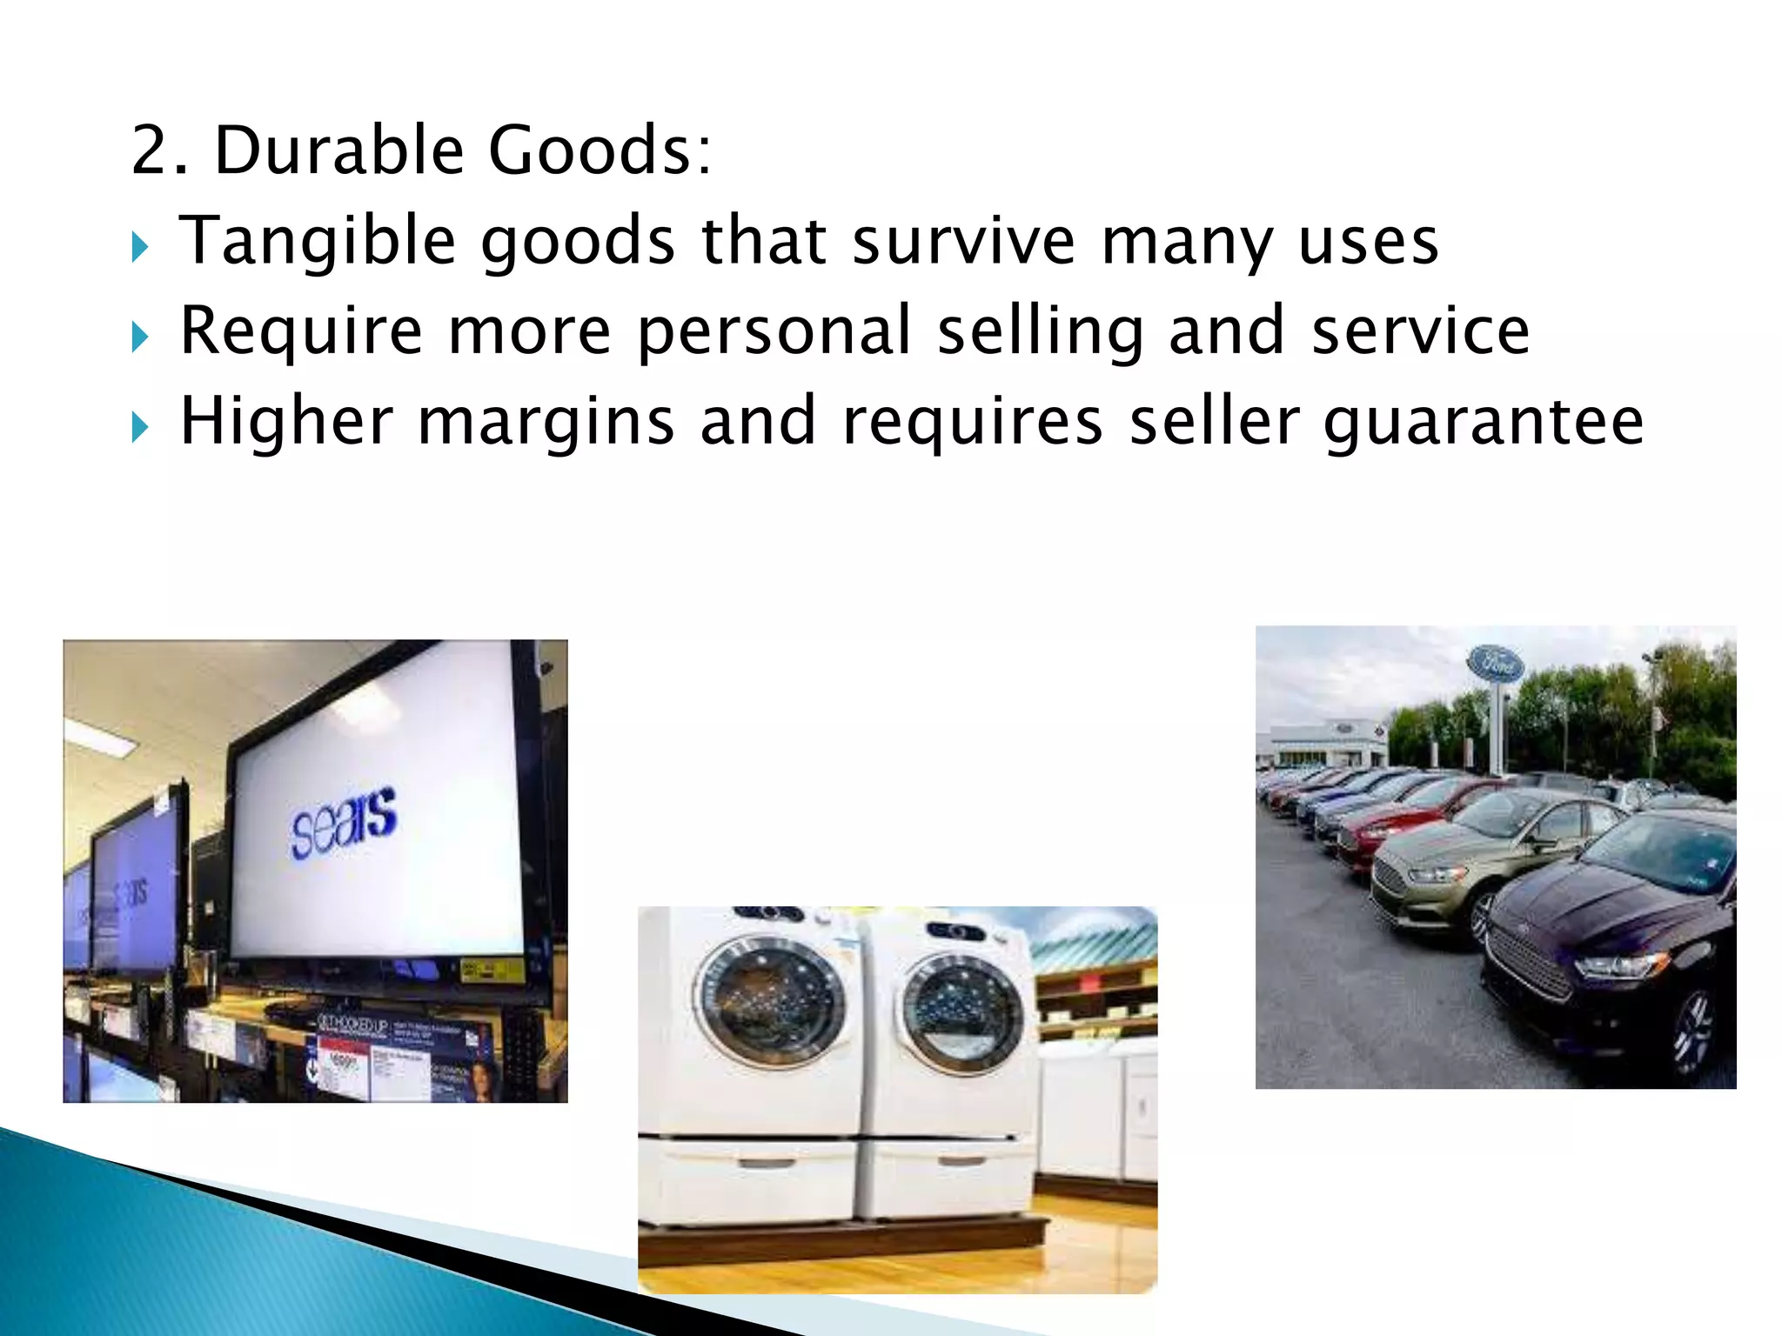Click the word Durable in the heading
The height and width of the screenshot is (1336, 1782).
[338, 150]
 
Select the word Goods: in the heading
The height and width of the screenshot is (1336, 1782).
[600, 150]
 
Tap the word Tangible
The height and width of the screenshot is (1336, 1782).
[318, 242]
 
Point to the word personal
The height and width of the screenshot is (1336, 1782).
[774, 332]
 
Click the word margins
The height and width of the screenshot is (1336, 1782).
[546, 423]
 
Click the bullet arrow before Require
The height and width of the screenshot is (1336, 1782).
[140, 337]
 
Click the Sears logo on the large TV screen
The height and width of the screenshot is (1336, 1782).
[344, 822]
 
